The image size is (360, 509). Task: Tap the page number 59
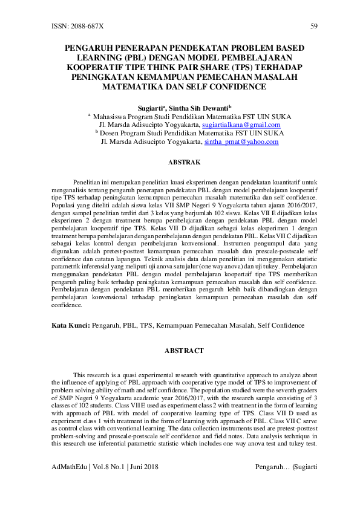point(313,27)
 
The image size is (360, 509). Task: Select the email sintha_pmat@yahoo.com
point(241,141)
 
